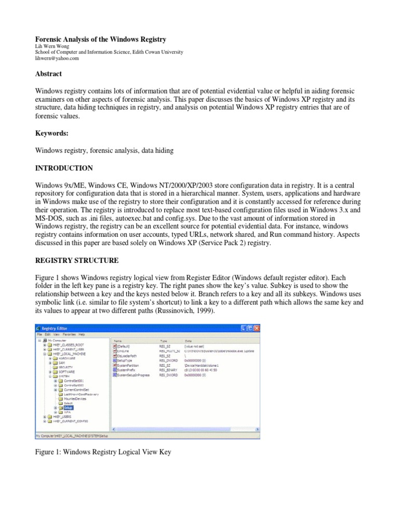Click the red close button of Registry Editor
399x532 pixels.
(x=256, y=328)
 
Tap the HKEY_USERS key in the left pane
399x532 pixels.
(x=61, y=417)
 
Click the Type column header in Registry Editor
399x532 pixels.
(x=163, y=340)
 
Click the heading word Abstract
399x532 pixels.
(x=48, y=74)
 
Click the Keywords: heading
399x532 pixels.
(x=52, y=134)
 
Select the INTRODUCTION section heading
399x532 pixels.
(x=64, y=168)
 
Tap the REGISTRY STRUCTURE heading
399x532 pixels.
(x=77, y=260)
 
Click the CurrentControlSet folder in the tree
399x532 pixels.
(x=76, y=389)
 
